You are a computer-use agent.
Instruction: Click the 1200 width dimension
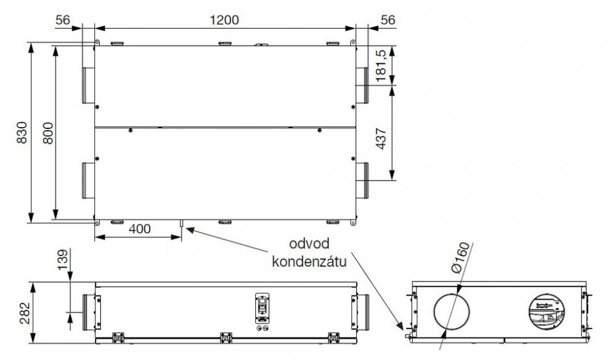pyautogui.click(x=224, y=19)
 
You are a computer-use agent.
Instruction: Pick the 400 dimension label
pyautogui.click(x=139, y=229)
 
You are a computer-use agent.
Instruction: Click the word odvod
pyautogui.click(x=309, y=244)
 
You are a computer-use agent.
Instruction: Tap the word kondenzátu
pyautogui.click(x=309, y=263)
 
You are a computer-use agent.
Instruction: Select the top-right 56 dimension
pyautogui.click(x=387, y=19)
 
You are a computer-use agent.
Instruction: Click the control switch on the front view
pyautogui.click(x=261, y=306)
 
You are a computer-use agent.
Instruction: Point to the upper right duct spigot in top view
pyautogui.click(x=362, y=85)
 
